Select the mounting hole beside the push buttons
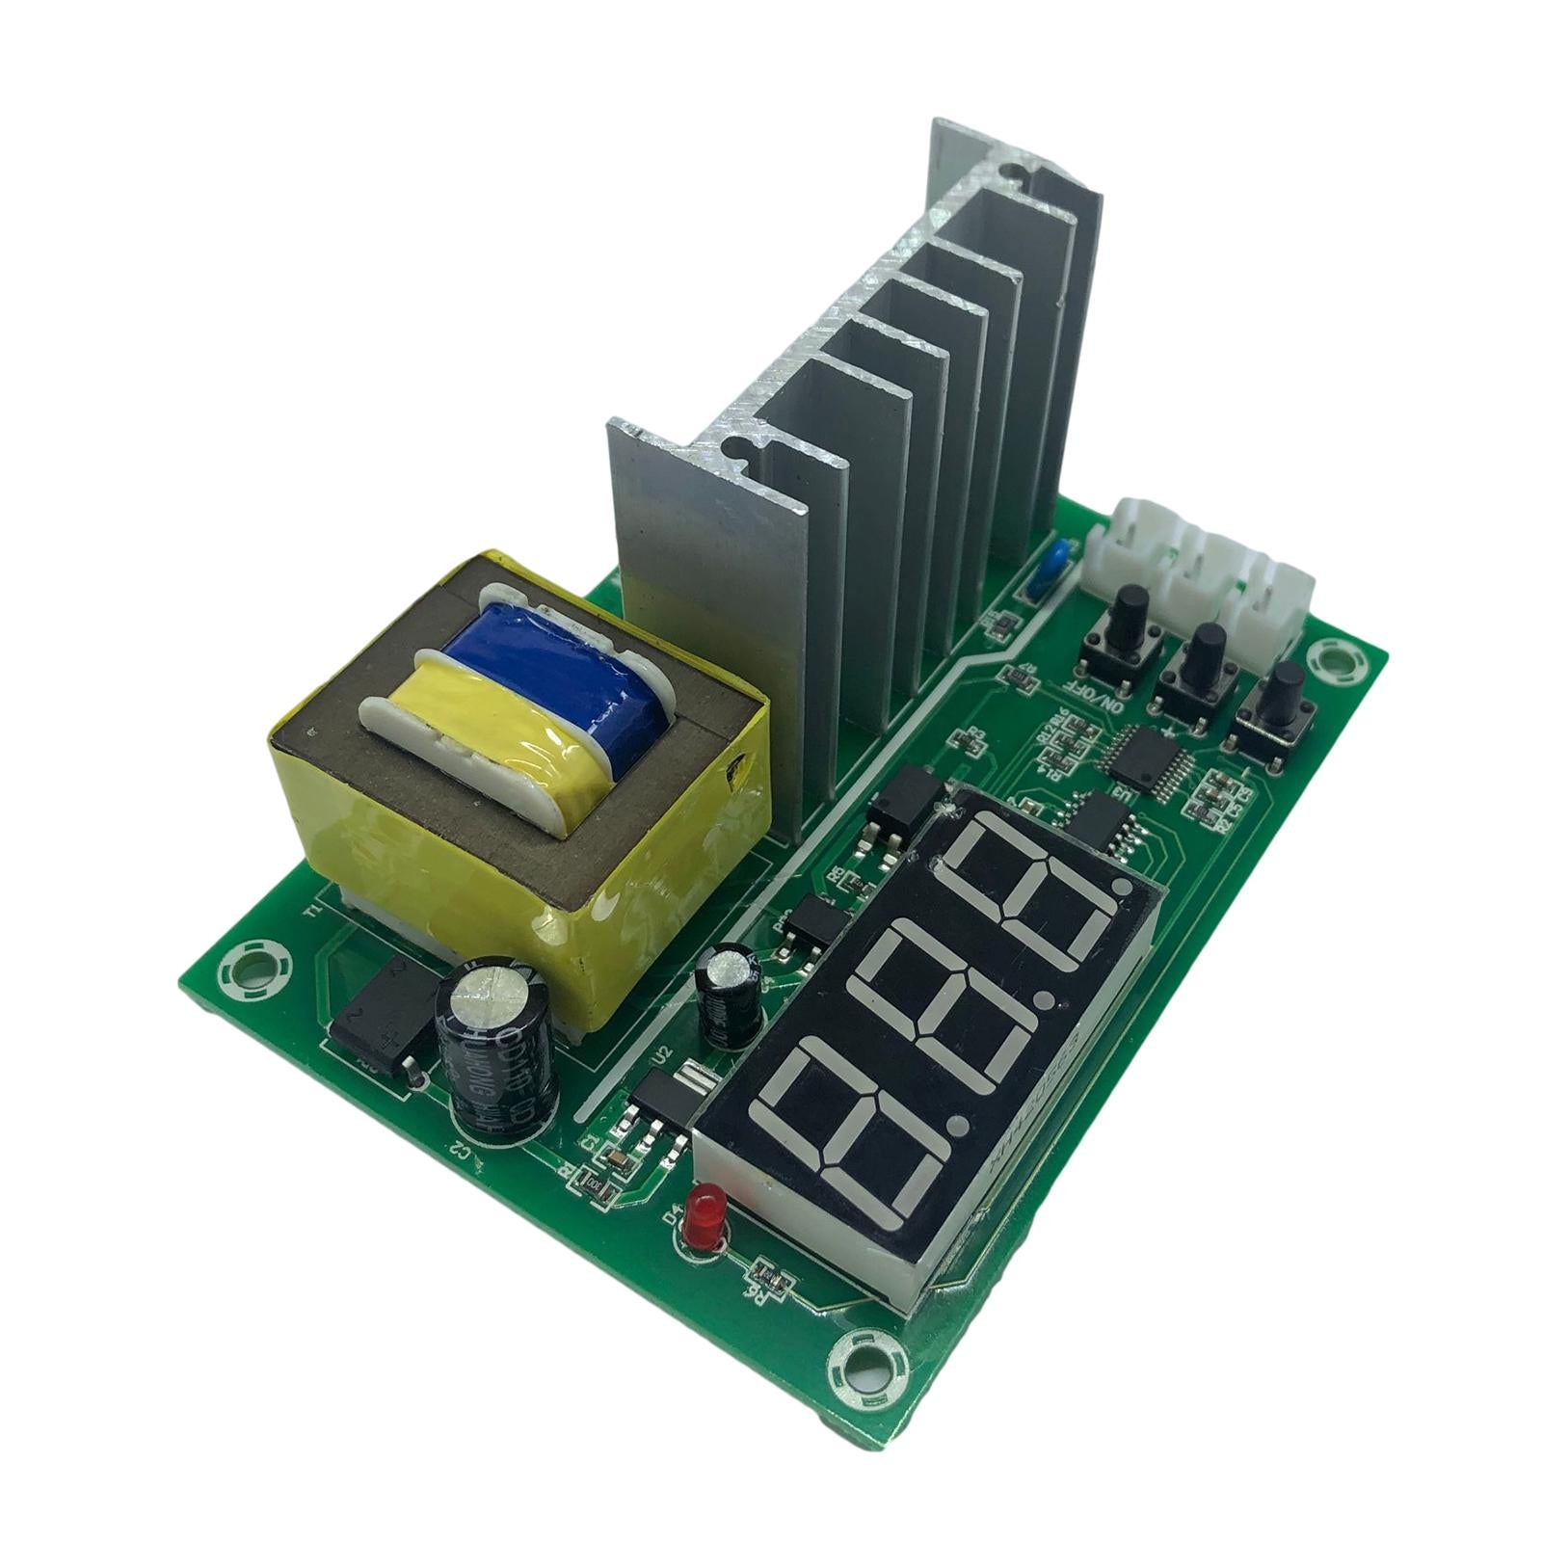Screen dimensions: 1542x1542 [x=1338, y=661]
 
